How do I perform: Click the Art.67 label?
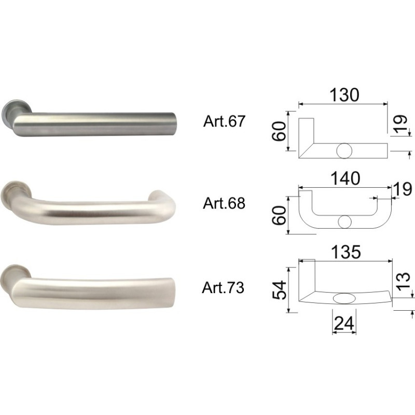(224, 121)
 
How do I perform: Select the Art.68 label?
(224, 203)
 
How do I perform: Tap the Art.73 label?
(223, 287)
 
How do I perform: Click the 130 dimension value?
(344, 95)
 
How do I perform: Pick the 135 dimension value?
(346, 252)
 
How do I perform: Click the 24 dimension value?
(344, 323)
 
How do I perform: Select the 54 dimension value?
(280, 290)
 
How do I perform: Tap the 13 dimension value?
(404, 281)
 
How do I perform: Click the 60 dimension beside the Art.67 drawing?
(280, 131)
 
